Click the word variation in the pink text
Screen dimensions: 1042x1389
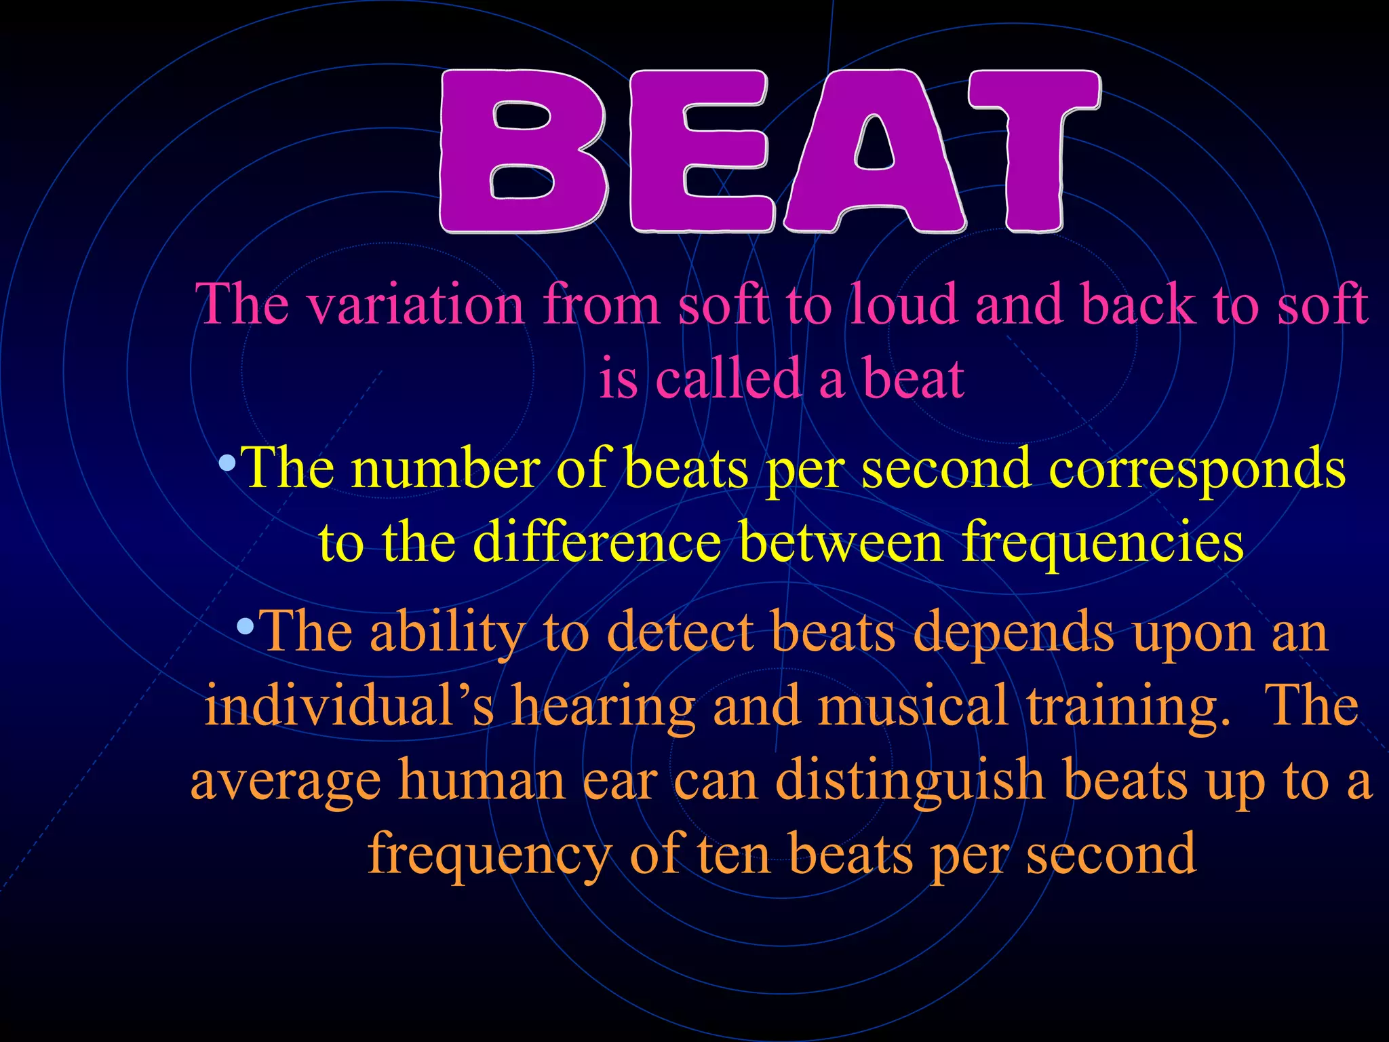point(415,305)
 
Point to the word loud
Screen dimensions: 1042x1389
point(905,305)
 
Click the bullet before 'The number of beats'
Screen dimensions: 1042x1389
point(228,465)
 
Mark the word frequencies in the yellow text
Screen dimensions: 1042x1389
point(1103,544)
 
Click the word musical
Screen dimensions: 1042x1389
point(912,706)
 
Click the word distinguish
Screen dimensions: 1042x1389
point(909,780)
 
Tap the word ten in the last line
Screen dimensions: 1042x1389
point(734,853)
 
